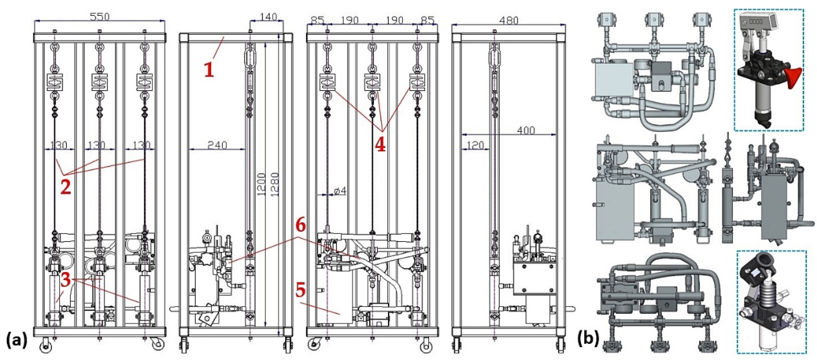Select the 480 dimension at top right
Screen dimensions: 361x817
[509, 21]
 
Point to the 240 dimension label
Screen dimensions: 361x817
[217, 145]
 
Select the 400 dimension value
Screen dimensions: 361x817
[526, 130]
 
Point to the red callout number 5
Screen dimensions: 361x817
[301, 290]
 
